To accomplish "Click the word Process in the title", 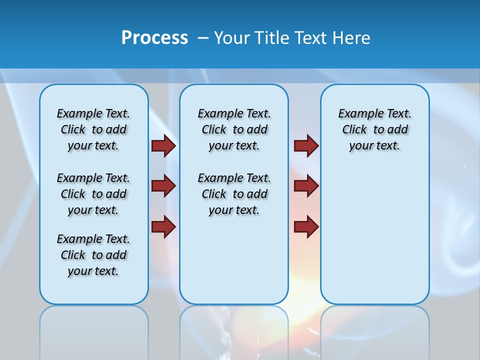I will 154,37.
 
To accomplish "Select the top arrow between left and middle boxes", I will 163,145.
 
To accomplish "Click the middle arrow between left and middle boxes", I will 163,186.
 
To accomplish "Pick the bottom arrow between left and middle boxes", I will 163,226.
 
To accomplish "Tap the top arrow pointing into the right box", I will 306,145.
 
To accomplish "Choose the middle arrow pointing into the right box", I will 306,186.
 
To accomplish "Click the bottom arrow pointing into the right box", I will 306,226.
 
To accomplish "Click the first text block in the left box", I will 93,129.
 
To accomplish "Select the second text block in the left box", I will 93,194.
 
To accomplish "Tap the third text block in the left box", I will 93,255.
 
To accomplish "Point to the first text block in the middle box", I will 234,129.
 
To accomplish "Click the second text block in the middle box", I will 234,194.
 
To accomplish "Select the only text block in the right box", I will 374,129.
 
